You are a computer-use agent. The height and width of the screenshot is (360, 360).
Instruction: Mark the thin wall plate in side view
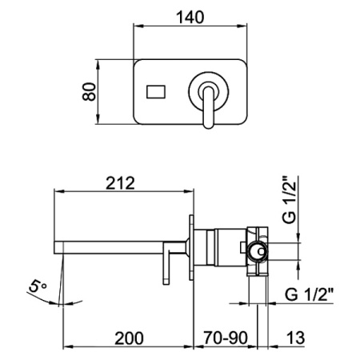pos(192,248)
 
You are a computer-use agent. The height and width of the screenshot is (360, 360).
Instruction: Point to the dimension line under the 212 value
pos(124,191)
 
